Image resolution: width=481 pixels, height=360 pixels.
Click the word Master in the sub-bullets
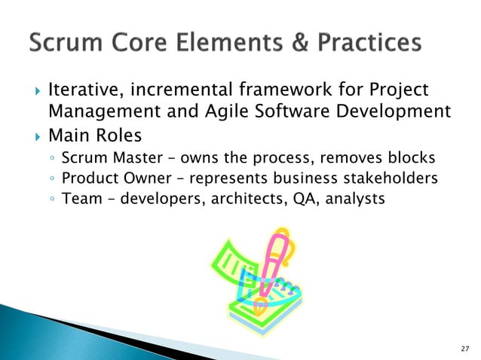coord(130,159)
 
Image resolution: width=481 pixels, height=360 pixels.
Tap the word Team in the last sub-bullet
coord(78,200)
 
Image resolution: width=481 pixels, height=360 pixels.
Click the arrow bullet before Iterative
coord(31,91)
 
